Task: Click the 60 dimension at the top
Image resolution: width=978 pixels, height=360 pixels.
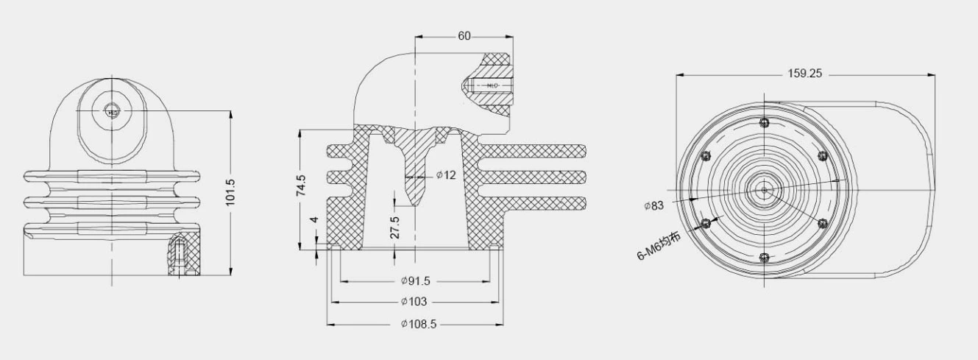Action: pyautogui.click(x=464, y=36)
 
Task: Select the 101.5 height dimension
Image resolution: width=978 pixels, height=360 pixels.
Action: pyautogui.click(x=230, y=193)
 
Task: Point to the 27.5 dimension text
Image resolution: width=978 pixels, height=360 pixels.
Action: pyautogui.click(x=395, y=227)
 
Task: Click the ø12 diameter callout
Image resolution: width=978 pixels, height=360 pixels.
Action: pyautogui.click(x=446, y=175)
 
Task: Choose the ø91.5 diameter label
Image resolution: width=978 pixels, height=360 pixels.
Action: pyautogui.click(x=416, y=280)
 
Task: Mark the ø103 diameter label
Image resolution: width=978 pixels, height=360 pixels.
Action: pyautogui.click(x=414, y=302)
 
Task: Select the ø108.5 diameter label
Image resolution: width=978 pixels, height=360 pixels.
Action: pyautogui.click(x=417, y=324)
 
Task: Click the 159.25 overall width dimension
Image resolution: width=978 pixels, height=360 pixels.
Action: pyautogui.click(x=804, y=74)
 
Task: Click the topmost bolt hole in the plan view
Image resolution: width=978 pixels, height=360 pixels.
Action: pyautogui.click(x=765, y=122)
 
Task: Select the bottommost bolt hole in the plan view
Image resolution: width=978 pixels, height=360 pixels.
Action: pyautogui.click(x=765, y=257)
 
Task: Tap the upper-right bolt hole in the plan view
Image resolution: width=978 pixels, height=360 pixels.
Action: pyautogui.click(x=823, y=155)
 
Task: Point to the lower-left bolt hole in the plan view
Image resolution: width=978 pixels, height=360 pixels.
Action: pyautogui.click(x=706, y=222)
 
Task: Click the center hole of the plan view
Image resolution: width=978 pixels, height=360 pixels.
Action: pyautogui.click(x=765, y=190)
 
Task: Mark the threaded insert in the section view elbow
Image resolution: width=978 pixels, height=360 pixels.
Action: pyautogui.click(x=489, y=86)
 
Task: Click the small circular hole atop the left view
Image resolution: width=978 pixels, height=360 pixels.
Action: pyautogui.click(x=110, y=111)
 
